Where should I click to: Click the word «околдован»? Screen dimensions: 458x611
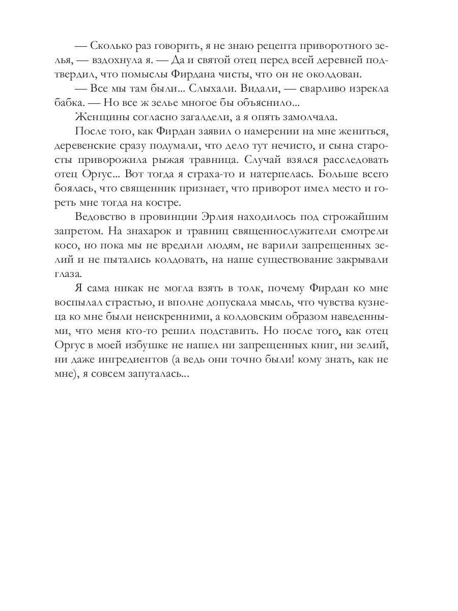(x=336, y=74)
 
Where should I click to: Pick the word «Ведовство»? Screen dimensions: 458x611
(x=101, y=216)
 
